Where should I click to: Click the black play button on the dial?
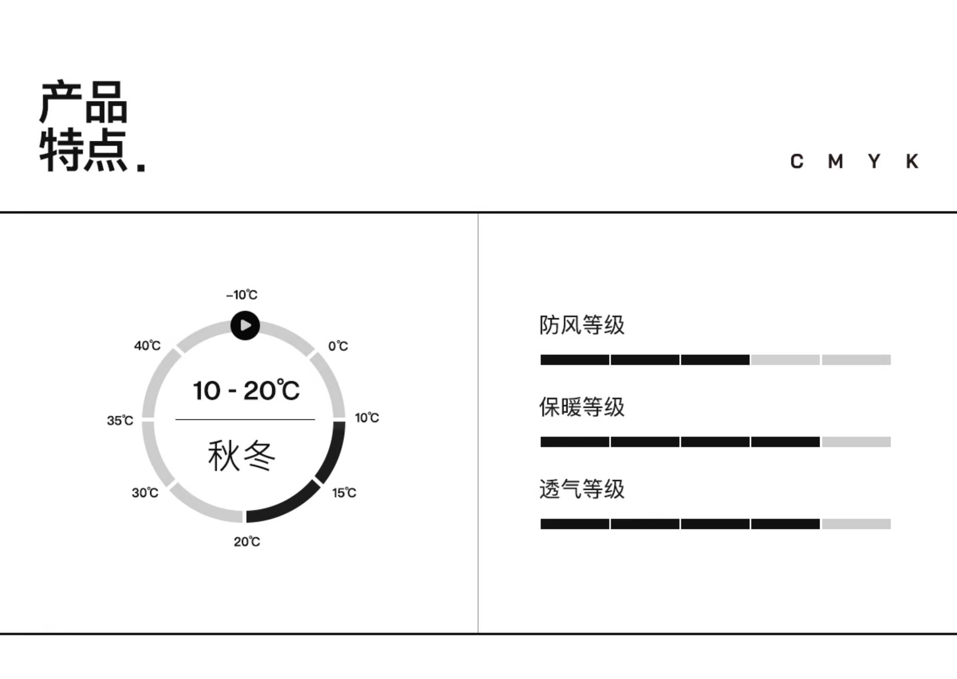click(245, 325)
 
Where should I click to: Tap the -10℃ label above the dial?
click(242, 295)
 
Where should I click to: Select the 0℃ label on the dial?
click(338, 346)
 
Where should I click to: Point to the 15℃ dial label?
click(344, 493)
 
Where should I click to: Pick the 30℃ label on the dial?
click(145, 493)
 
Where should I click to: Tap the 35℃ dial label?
click(120, 420)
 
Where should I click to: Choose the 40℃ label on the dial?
click(147, 345)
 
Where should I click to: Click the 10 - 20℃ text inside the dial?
click(246, 390)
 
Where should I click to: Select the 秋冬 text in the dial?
click(242, 456)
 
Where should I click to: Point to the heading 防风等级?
click(582, 325)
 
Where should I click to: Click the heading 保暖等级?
click(582, 407)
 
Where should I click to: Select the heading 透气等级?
click(582, 489)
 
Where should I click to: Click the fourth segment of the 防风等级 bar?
click(785, 360)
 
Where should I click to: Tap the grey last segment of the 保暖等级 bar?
click(856, 442)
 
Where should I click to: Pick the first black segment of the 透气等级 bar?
click(575, 524)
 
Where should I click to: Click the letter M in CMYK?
click(835, 161)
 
